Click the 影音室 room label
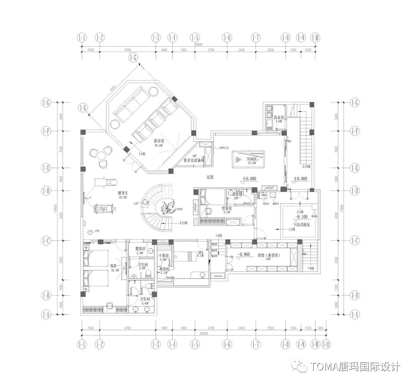159,141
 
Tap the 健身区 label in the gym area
123,194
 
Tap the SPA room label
200,253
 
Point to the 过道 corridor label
210,177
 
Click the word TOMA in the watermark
324,366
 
